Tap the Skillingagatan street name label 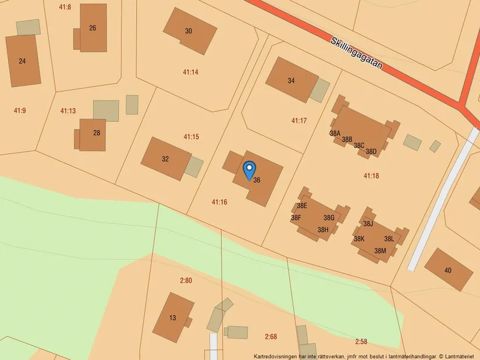[357, 54]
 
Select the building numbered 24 [23, 60]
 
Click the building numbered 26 [93, 28]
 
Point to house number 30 [189, 31]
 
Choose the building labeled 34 [291, 81]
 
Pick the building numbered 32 [165, 159]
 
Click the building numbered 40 [447, 270]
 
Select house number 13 [173, 318]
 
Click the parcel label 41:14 [190, 72]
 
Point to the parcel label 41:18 [371, 176]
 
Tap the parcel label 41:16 [219, 202]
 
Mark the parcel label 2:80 [186, 281]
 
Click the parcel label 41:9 [19, 110]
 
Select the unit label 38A [335, 133]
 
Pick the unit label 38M [380, 251]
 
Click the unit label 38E [302, 206]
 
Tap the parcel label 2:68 [271, 336]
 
